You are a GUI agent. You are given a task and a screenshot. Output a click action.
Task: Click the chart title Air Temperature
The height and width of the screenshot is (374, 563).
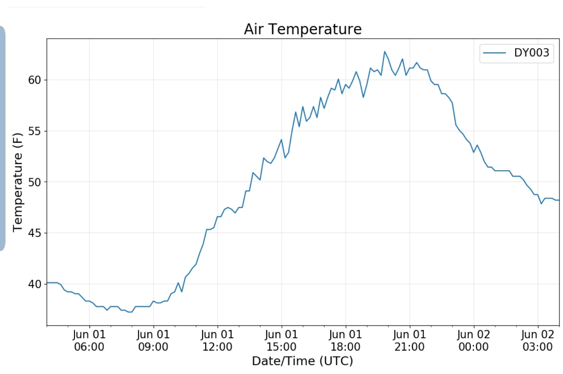tap(303, 29)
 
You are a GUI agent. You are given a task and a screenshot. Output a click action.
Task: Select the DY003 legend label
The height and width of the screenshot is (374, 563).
tap(531, 53)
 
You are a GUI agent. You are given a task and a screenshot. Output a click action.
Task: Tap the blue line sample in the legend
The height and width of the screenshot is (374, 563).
tap(495, 53)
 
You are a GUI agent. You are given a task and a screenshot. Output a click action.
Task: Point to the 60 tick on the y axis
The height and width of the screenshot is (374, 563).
tap(34, 80)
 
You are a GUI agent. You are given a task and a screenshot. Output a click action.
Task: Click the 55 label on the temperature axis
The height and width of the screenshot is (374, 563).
tap(34, 131)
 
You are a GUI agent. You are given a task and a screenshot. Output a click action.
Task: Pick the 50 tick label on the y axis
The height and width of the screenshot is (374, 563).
tap(34, 182)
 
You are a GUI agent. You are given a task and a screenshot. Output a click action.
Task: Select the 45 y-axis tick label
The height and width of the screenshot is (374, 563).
tap(34, 233)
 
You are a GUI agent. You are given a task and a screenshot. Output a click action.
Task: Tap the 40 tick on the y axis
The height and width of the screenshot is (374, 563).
tap(34, 284)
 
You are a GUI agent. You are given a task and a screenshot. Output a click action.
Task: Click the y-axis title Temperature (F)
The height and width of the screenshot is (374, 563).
tap(18, 182)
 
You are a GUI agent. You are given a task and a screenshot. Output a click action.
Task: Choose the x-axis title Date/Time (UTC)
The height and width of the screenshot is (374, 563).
tap(303, 361)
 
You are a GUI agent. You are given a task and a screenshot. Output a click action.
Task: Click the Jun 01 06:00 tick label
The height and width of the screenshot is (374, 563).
tap(89, 340)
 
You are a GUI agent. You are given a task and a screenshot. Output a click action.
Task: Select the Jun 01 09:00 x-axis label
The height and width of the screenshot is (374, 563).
tap(153, 340)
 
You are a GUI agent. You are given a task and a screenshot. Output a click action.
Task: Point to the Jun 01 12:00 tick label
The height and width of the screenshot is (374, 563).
tap(217, 340)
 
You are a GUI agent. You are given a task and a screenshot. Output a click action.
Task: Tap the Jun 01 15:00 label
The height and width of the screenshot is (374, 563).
tap(281, 340)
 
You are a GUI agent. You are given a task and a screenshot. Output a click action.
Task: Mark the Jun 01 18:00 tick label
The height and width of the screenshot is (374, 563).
tap(346, 340)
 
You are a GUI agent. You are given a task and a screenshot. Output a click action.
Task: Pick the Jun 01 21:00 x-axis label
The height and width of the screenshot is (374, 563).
tap(409, 340)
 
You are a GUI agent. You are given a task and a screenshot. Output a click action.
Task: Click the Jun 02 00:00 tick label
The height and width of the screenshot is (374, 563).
tap(473, 340)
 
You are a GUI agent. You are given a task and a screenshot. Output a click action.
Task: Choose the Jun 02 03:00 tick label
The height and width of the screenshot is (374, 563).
tap(538, 340)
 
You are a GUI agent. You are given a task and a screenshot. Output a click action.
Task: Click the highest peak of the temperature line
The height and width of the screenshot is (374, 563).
tap(385, 52)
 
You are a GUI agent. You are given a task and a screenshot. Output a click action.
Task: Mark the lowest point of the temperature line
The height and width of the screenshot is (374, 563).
tap(130, 312)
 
